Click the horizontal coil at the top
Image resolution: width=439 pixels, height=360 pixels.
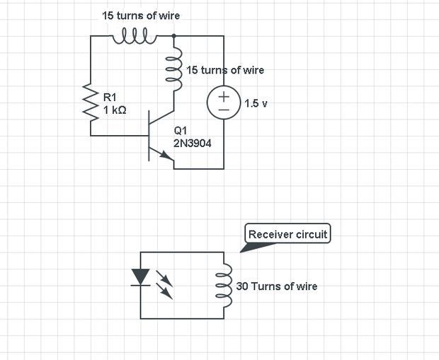point(135,35)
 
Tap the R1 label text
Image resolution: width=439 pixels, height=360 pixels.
point(110,96)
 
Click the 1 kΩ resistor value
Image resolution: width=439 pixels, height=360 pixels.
point(115,110)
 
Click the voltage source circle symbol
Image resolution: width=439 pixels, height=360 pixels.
point(223,103)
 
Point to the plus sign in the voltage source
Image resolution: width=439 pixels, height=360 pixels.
point(223,96)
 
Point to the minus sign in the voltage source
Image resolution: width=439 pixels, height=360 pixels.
point(223,110)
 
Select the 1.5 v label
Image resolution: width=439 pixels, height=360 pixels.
point(256,104)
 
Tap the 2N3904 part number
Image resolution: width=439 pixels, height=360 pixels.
point(192,144)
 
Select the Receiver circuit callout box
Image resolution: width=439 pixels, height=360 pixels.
point(288,234)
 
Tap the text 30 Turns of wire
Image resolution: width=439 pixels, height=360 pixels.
point(277,286)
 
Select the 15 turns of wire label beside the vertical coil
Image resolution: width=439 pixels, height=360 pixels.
point(225,70)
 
